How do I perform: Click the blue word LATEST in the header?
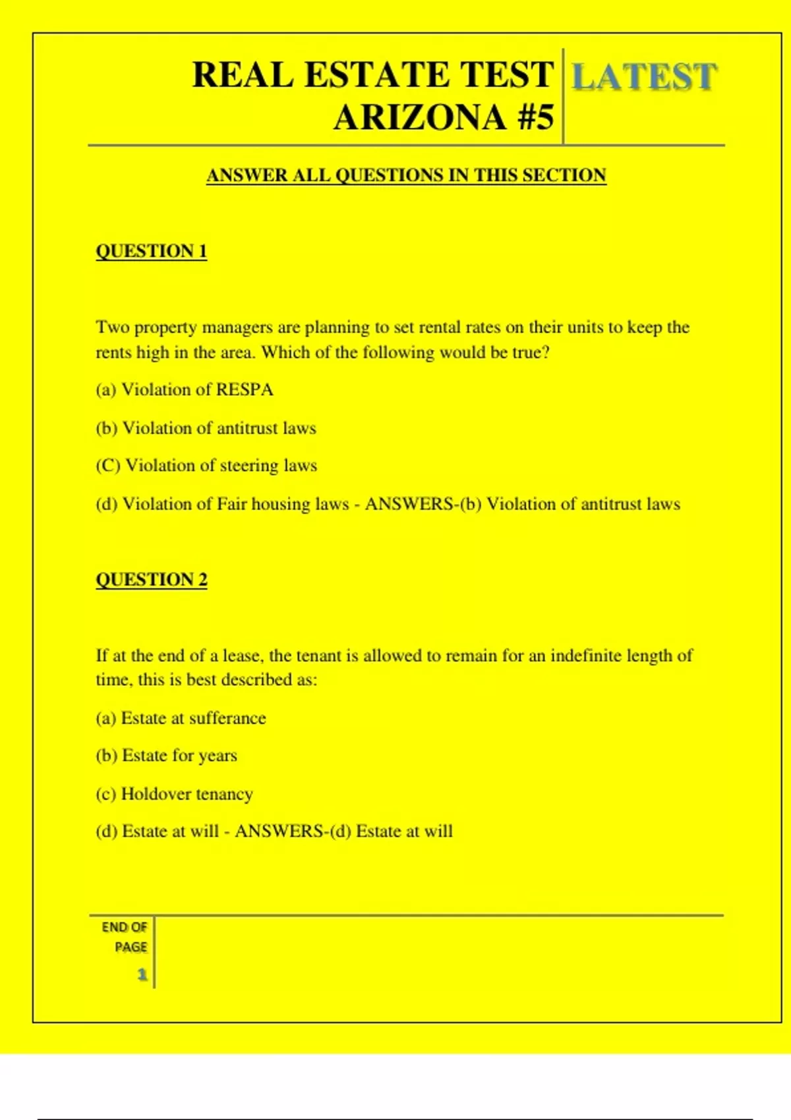click(643, 77)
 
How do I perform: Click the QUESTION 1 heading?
click(151, 251)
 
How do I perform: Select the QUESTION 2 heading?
click(151, 579)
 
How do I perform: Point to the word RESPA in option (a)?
click(245, 390)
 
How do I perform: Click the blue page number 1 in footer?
click(142, 974)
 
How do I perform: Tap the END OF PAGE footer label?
click(125, 937)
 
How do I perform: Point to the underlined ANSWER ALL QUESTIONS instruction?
click(406, 175)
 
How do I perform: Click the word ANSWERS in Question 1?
click(409, 504)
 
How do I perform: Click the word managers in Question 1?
click(237, 327)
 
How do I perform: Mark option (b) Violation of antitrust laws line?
click(206, 428)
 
